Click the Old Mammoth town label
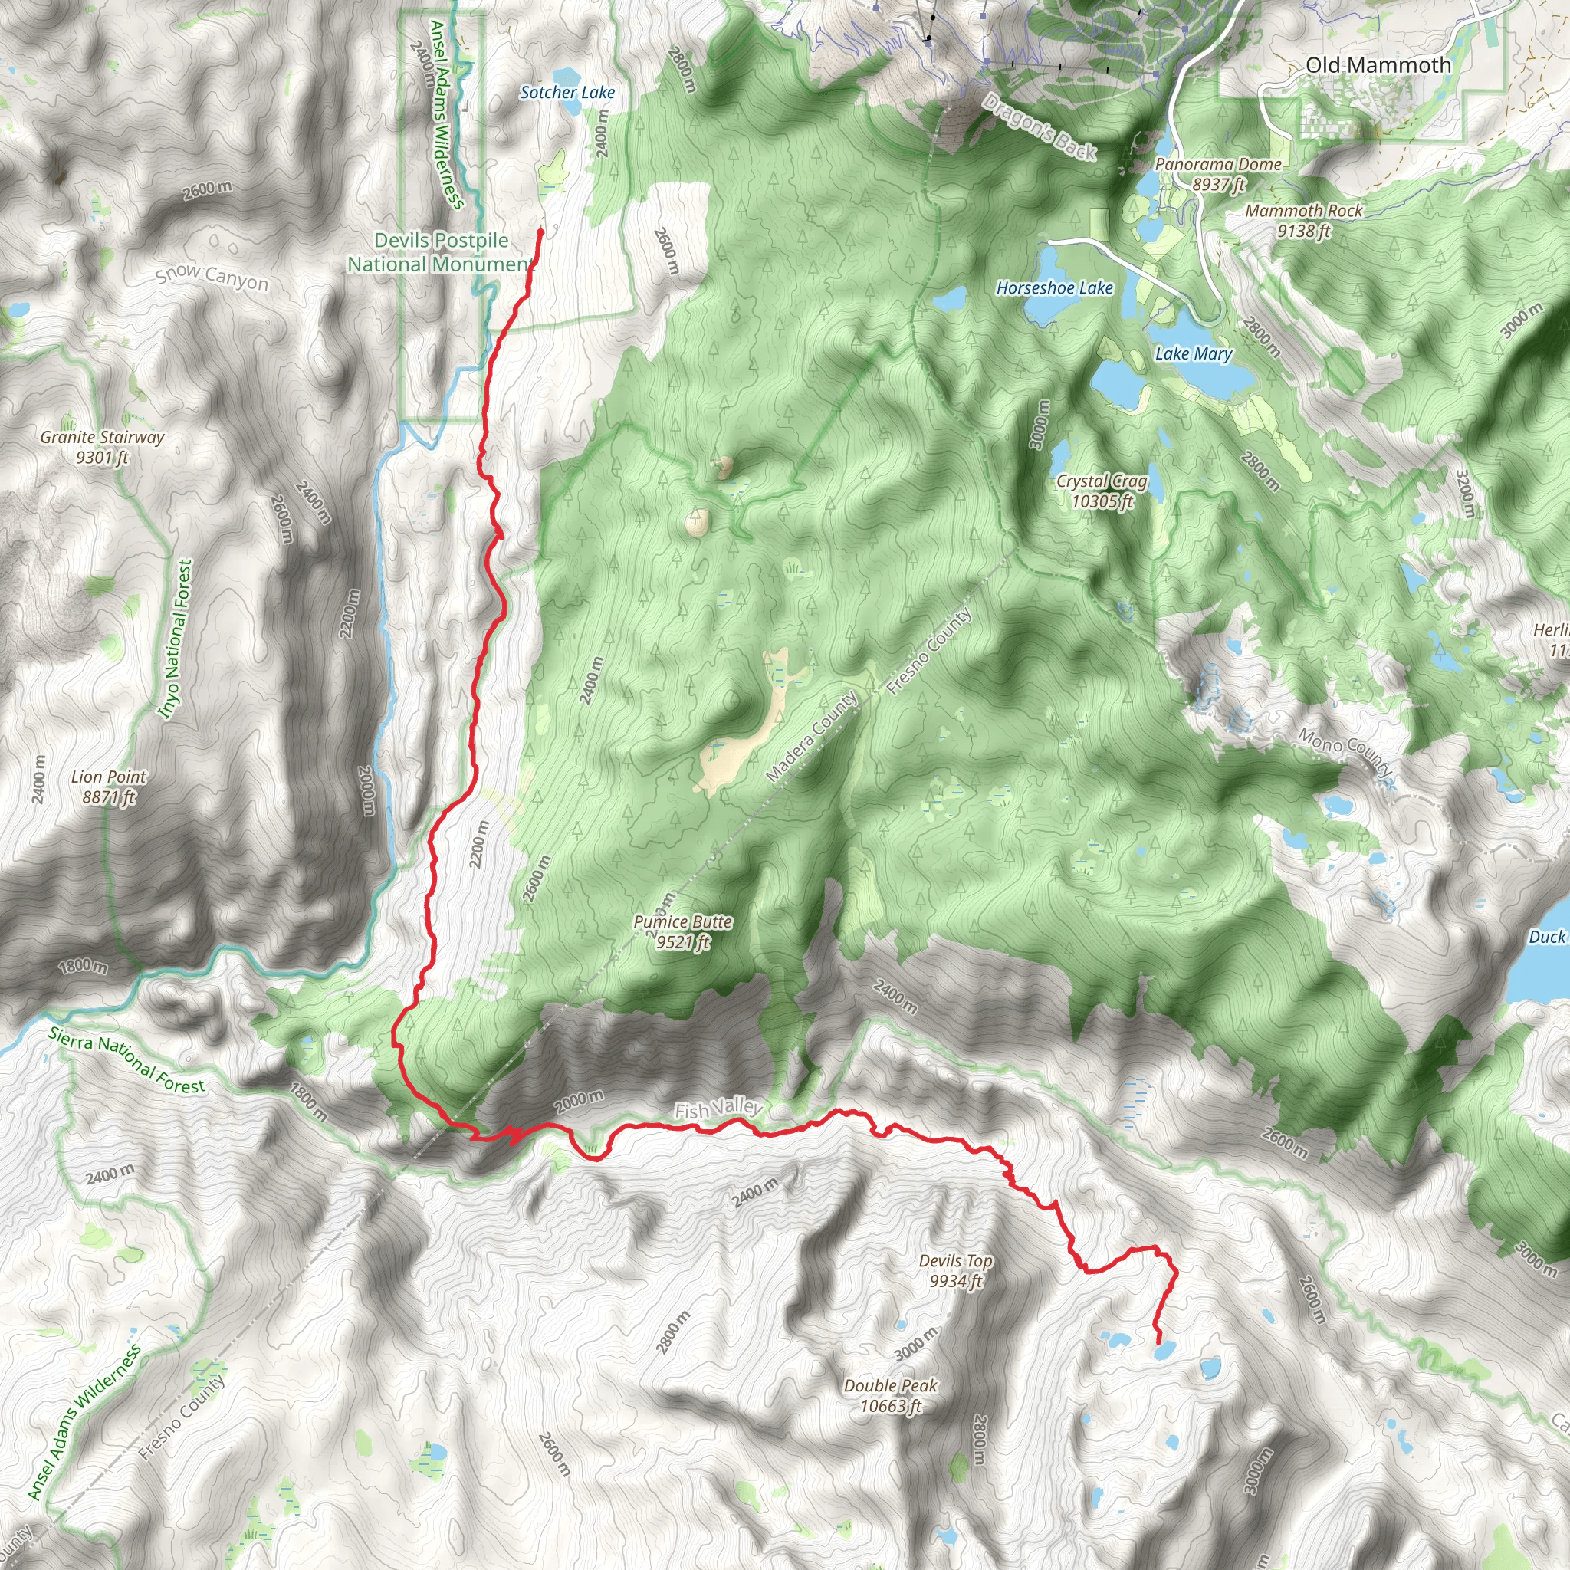(1378, 66)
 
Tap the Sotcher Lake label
(567, 93)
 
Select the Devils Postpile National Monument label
(442, 252)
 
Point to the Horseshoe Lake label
(1054, 287)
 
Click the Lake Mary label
(1193, 353)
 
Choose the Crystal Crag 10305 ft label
(1101, 491)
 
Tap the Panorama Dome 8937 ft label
(1217, 174)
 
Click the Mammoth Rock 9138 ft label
(1303, 220)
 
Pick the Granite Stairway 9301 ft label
(103, 447)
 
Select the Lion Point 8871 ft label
(109, 787)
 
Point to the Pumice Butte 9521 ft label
(682, 932)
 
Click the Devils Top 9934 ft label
(956, 1271)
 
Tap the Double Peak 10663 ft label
(891, 1395)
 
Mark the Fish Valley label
(718, 1109)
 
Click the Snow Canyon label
(212, 276)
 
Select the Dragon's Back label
(1040, 126)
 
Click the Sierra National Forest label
(126, 1059)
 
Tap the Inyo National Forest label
(176, 639)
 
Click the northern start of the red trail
(540, 232)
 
